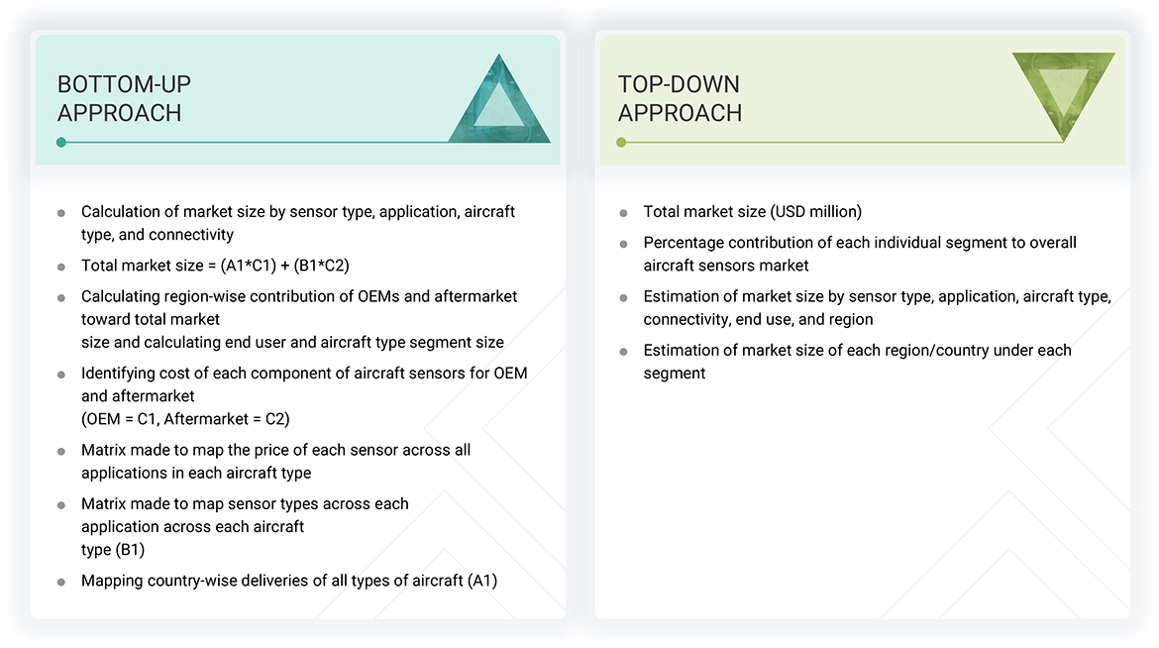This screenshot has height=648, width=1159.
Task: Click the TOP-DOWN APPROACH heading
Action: click(x=680, y=98)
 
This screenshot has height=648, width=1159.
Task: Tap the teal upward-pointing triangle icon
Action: click(x=499, y=102)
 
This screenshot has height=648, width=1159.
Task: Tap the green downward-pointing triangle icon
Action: click(x=1063, y=92)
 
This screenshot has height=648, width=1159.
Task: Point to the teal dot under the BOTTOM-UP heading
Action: click(x=61, y=143)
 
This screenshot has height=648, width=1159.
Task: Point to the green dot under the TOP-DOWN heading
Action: click(x=621, y=143)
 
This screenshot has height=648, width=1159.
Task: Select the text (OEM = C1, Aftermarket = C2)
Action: click(x=185, y=418)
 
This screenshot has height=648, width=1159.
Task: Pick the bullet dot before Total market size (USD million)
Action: click(x=623, y=213)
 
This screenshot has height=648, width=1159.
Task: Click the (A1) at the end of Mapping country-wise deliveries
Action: click(x=481, y=581)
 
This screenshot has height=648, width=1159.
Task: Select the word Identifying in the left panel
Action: click(x=120, y=373)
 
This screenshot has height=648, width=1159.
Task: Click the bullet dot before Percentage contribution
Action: click(x=623, y=244)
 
